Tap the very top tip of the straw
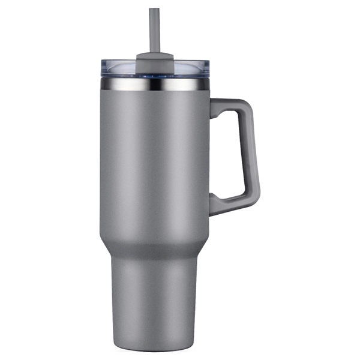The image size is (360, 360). [154, 9]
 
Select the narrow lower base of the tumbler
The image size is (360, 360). [154, 300]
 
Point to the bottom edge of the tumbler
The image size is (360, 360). [154, 349]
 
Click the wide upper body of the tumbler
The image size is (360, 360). [154, 162]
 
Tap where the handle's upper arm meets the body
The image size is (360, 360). [211, 108]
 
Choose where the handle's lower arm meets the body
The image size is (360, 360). [211, 204]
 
